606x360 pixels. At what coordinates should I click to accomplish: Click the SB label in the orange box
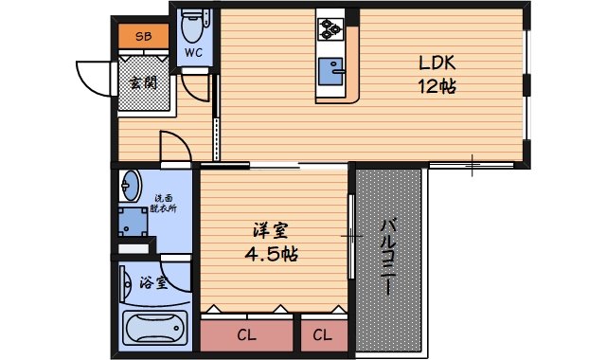(x=143, y=37)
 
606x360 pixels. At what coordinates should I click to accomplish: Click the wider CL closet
(x=245, y=334)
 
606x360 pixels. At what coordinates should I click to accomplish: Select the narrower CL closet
(x=322, y=334)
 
